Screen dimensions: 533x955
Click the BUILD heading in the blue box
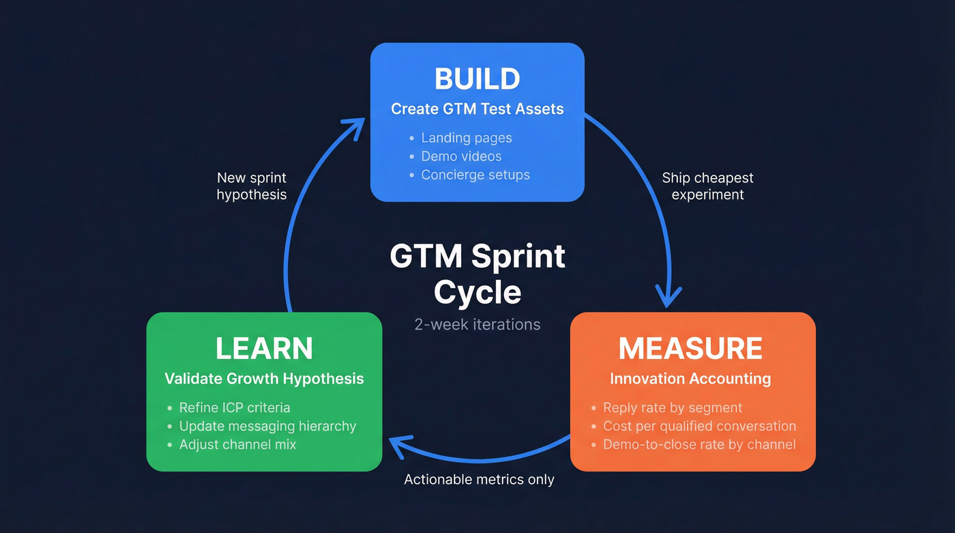click(x=477, y=78)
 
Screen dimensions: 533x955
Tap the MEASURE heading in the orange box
click(x=690, y=349)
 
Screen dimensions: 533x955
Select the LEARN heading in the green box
click(x=264, y=349)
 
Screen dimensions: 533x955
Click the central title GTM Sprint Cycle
click(x=477, y=274)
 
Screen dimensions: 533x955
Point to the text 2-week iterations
click(x=477, y=325)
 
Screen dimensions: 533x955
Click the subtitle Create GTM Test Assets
click(x=477, y=109)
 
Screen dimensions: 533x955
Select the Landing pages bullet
click(x=466, y=138)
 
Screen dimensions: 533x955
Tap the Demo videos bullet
click(x=461, y=156)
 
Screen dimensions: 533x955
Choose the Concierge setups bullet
click(x=475, y=175)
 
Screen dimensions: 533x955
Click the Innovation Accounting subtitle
click(x=690, y=379)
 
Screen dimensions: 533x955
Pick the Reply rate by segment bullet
click(x=672, y=408)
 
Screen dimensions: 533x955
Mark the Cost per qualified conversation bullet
click(x=699, y=427)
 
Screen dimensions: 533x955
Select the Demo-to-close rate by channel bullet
click(x=699, y=445)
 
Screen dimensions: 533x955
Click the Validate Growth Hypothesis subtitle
click(x=264, y=379)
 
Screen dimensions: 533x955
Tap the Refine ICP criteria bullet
click(x=234, y=408)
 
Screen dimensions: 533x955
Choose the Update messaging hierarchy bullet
click(x=267, y=427)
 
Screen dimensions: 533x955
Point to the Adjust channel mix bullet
click(x=237, y=445)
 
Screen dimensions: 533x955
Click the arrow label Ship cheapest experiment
click(x=707, y=186)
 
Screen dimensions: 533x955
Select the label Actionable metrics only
click(x=479, y=480)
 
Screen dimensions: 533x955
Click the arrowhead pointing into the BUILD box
click(x=354, y=126)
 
